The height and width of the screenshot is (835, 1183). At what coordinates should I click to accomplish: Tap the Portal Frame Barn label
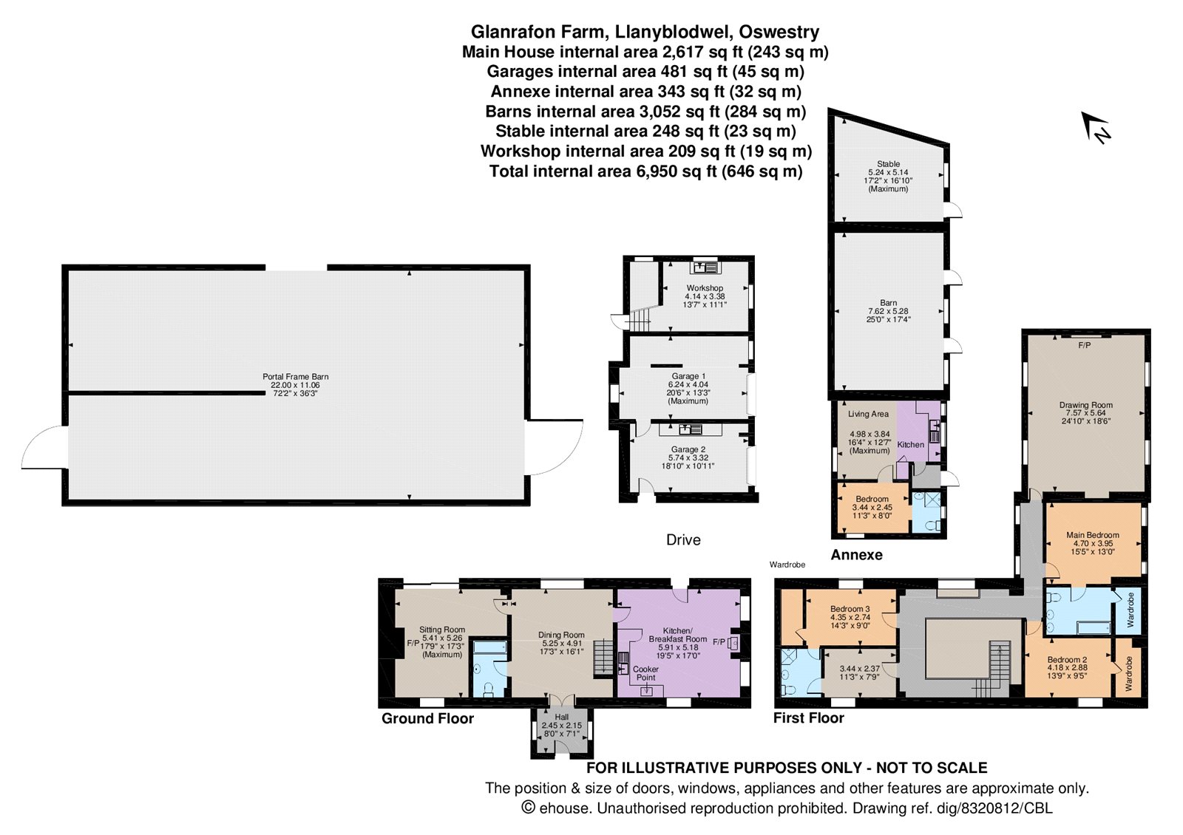coord(295,377)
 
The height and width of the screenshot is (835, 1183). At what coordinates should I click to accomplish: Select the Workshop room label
coord(705,288)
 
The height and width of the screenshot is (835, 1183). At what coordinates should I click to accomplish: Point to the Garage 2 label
coord(688,450)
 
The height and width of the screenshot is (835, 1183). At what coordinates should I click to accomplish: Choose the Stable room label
coord(888,164)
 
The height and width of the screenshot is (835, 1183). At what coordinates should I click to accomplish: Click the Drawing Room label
coord(1086,406)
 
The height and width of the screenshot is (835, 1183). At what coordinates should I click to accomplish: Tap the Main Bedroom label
coord(1092,535)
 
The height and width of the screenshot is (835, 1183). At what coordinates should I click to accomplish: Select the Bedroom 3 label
coord(850,609)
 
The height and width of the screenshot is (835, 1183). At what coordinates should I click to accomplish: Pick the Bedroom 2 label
coord(1067,660)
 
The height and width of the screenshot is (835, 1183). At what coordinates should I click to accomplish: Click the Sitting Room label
coord(442,630)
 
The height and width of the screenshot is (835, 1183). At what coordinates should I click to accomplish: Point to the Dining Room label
coord(561,635)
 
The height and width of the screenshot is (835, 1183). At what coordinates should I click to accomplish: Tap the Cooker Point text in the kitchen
coord(646,673)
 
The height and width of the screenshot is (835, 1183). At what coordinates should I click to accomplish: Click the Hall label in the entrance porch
coord(562,718)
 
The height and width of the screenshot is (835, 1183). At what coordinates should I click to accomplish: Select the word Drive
coord(683,540)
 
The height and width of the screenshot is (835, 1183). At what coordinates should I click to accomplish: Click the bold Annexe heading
coord(857,555)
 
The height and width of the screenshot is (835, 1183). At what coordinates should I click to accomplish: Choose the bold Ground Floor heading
coord(428,718)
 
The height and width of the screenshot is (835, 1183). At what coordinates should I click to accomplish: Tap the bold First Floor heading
coord(809,718)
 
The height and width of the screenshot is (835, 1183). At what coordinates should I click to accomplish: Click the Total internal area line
coord(646,171)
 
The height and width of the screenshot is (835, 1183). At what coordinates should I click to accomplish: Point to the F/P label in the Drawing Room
coord(1084,345)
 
